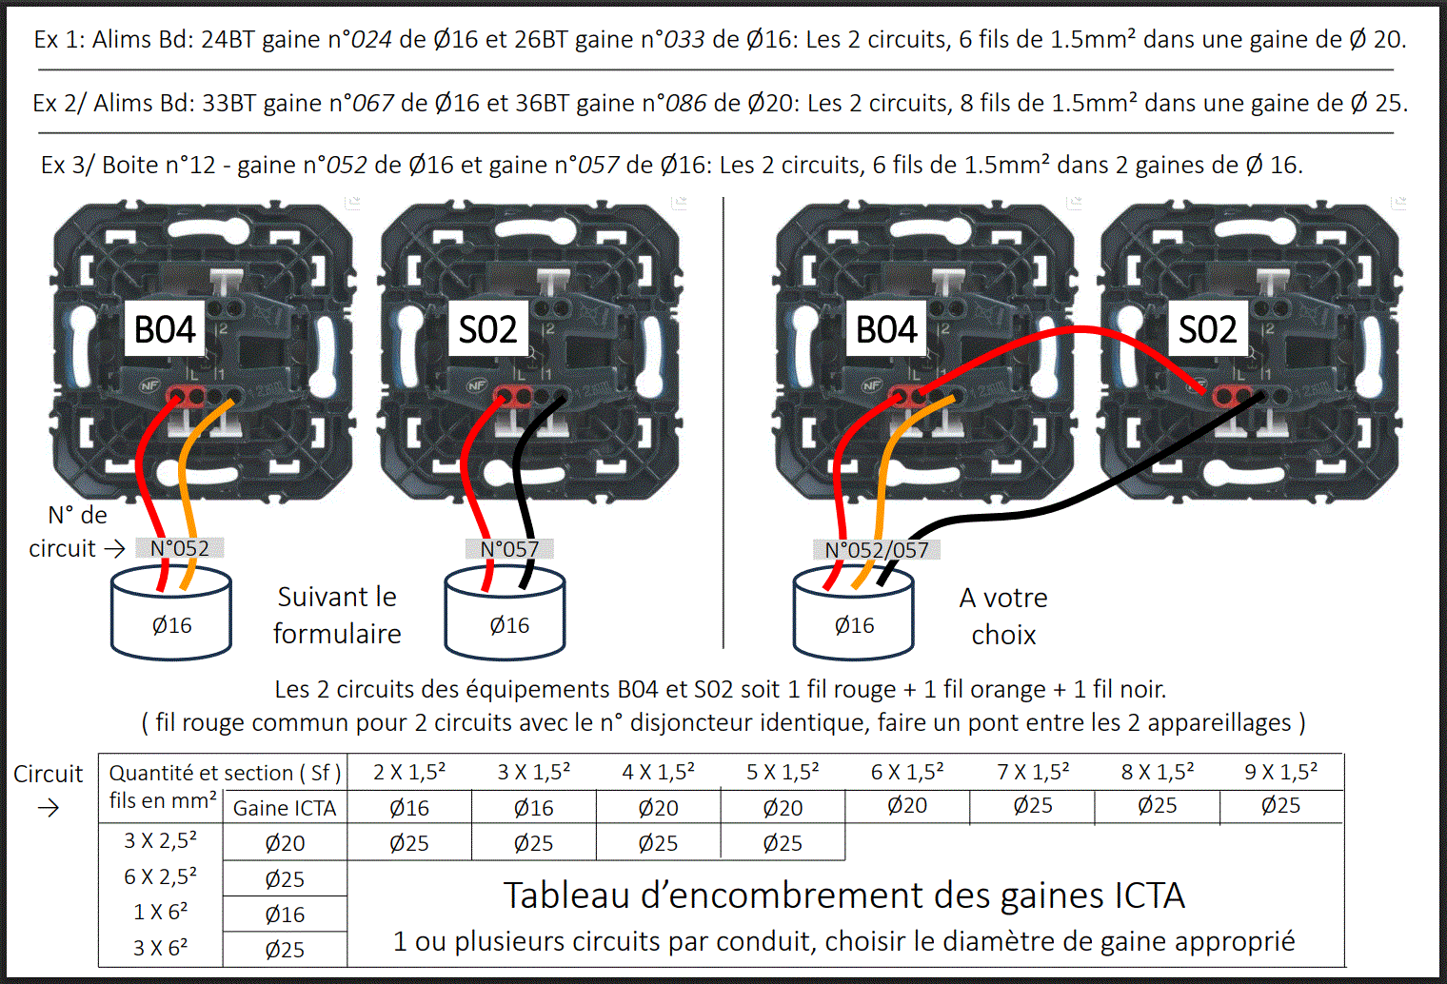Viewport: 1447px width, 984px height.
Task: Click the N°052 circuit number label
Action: click(180, 548)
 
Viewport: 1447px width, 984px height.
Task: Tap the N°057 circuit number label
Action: click(509, 549)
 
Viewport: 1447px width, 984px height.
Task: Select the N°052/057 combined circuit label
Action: click(877, 550)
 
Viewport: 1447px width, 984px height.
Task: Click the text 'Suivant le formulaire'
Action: click(337, 616)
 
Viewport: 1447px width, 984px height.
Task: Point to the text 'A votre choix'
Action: click(1003, 617)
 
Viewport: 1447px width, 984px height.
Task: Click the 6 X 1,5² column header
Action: click(907, 772)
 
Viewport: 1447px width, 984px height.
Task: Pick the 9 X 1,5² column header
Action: click(1281, 772)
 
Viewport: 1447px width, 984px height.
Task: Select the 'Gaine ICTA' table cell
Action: click(285, 808)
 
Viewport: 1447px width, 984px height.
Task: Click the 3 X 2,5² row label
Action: click(160, 840)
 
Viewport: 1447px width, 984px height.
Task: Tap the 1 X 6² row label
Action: click(160, 913)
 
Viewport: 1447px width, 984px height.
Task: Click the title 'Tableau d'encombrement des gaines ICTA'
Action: click(844, 895)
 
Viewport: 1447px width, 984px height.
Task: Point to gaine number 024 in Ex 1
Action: click(371, 40)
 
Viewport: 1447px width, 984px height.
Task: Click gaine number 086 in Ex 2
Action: click(686, 104)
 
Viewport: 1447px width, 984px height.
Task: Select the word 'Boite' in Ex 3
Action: click(126, 166)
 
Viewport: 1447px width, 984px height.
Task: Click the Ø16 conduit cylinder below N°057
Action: click(505, 613)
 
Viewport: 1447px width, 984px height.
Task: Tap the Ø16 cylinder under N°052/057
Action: click(853, 613)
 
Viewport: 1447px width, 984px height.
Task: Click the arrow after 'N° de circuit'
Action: click(115, 549)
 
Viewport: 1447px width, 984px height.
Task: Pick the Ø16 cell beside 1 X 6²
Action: click(285, 915)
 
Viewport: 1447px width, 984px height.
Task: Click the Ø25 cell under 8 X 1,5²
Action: click(1157, 806)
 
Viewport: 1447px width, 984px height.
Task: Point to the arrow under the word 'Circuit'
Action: click(49, 808)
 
